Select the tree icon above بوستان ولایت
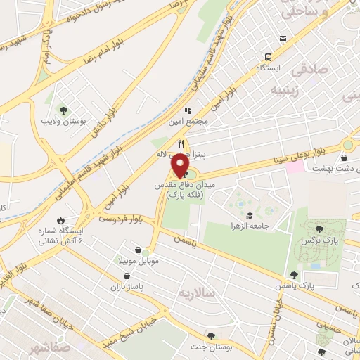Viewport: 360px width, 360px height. [x=64, y=110]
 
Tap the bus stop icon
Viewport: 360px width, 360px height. [x=267, y=58]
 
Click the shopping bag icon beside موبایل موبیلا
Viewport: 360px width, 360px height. [x=146, y=250]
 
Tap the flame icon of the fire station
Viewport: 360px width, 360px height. [x=60, y=220]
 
